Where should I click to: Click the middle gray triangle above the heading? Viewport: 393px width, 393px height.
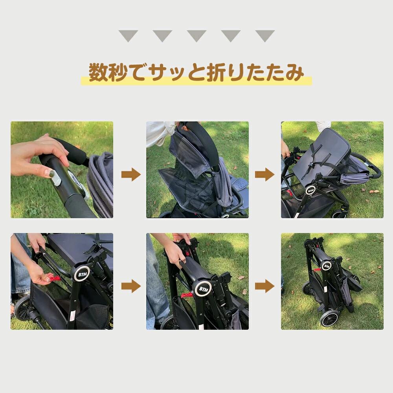(x=196, y=35)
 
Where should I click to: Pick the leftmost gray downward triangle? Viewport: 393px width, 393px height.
(x=129, y=35)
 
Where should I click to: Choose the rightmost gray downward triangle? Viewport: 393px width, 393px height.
(x=265, y=35)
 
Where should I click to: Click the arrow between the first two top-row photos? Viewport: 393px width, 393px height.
(x=131, y=175)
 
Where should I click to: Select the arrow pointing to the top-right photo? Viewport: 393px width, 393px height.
(x=264, y=175)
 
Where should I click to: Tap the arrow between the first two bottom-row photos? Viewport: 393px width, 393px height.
(x=131, y=286)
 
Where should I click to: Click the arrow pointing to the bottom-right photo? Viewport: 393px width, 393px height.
(x=264, y=286)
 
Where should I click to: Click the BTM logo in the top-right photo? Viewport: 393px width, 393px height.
(x=311, y=191)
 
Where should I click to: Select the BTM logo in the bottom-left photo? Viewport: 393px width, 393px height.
(x=82, y=274)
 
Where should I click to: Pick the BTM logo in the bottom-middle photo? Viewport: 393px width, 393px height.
(x=203, y=289)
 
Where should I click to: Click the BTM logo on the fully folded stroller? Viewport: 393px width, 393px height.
(x=327, y=266)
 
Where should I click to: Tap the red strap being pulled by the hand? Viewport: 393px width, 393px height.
(x=54, y=278)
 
